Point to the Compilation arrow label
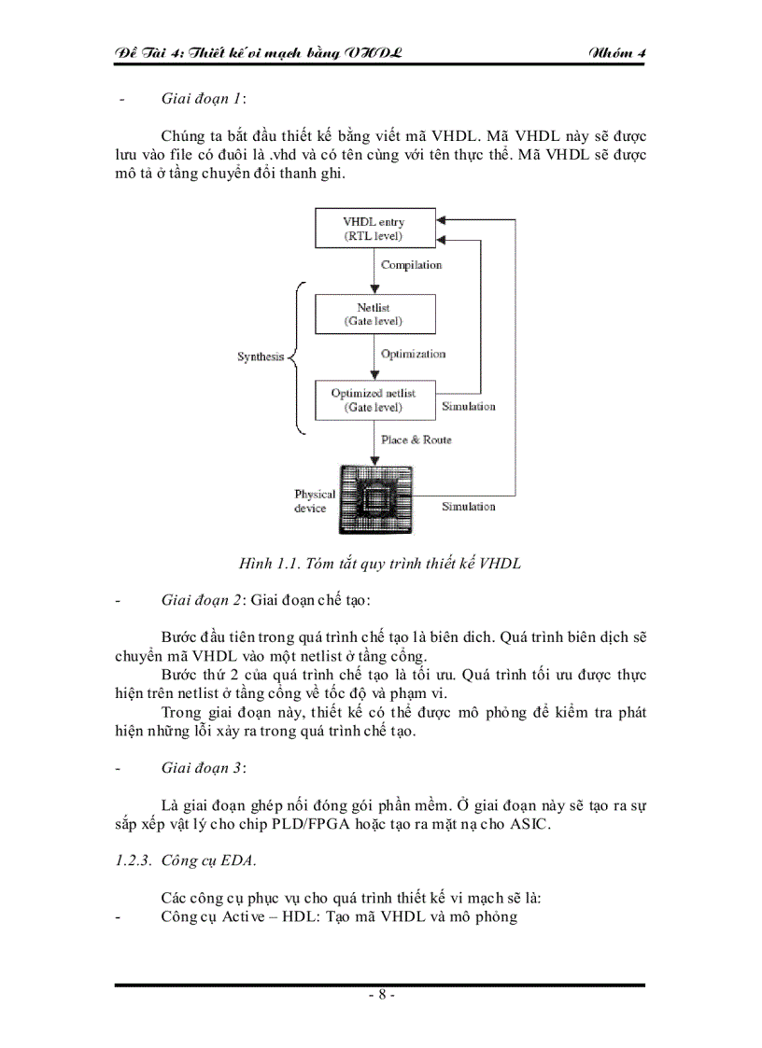click(411, 265)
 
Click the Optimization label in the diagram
click(413, 354)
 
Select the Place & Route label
click(416, 440)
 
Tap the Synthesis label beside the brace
click(260, 357)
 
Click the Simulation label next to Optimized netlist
click(468, 407)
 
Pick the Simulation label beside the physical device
click(468, 506)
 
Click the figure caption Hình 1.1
click(380, 564)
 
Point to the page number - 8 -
click(380, 995)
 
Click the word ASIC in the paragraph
click(532, 826)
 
